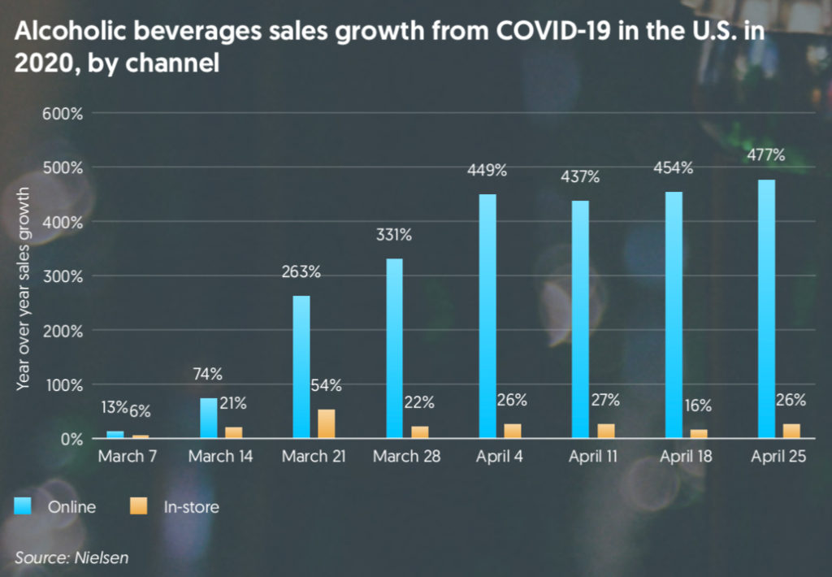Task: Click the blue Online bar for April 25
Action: click(766, 309)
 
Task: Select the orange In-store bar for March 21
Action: click(326, 423)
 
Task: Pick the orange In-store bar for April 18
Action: click(699, 433)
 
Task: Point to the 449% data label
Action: click(487, 171)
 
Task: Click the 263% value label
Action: click(301, 272)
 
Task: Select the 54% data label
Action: click(325, 385)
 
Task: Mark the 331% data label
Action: click(393, 236)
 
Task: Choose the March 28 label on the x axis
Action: click(406, 457)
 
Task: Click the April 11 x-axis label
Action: click(592, 457)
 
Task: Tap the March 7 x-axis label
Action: click(127, 457)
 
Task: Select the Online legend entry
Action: click(57, 507)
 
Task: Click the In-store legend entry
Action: click(175, 507)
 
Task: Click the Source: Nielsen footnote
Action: click(71, 557)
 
